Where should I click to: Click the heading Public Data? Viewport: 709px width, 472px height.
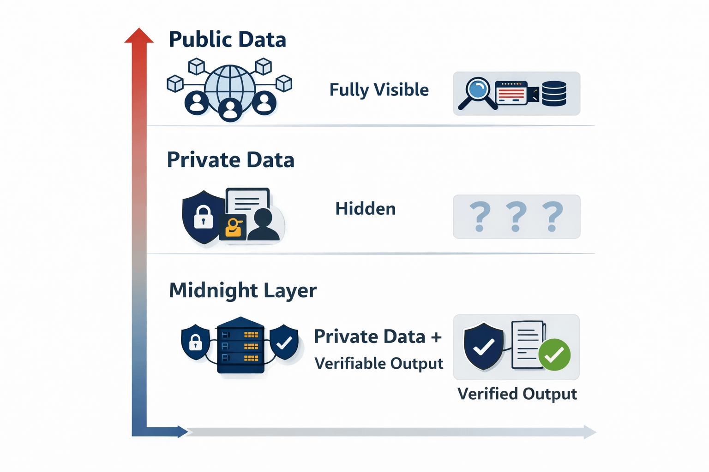[227, 40]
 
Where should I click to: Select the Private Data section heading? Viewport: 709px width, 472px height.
[230, 160]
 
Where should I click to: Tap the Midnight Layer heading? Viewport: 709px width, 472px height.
[243, 290]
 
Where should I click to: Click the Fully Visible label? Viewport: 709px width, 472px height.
[379, 90]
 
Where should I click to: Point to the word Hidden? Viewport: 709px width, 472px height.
[365, 209]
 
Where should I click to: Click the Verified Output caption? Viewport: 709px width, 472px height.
[517, 394]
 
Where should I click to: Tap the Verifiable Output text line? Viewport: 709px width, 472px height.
[379, 364]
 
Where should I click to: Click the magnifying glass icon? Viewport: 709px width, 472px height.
[477, 93]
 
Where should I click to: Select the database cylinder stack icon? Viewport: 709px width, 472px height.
[554, 94]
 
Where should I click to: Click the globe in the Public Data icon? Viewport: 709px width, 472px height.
[229, 85]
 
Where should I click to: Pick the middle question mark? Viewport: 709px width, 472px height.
[516, 216]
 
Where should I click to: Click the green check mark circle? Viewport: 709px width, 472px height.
[554, 354]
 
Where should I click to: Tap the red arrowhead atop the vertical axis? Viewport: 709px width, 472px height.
[139, 36]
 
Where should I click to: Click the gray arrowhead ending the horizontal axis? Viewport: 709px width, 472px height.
[589, 432]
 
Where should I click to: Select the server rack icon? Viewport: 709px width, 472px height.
[240, 345]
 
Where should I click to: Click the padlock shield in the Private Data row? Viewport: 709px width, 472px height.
[203, 216]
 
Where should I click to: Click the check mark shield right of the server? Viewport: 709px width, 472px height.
[284, 342]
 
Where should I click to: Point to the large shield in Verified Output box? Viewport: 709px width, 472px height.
[483, 346]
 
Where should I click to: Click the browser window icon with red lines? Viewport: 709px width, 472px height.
[511, 93]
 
